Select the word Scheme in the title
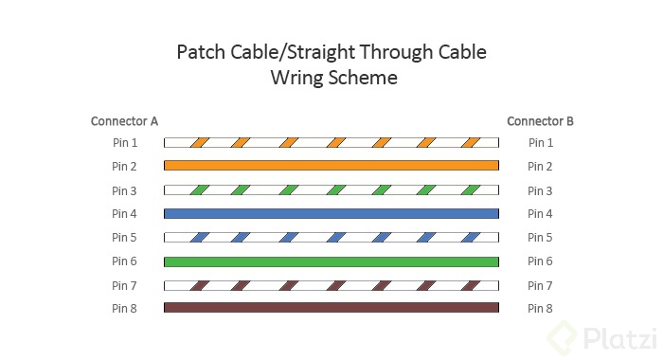point(364,78)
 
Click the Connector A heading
point(124,121)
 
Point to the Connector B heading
point(540,121)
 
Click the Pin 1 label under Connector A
point(124,143)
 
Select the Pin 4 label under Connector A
point(124,214)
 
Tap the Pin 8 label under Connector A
point(124,308)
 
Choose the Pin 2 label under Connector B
point(540,167)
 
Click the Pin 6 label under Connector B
point(540,261)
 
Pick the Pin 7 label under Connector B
point(540,285)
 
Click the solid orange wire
point(331,165)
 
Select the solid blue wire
point(331,213)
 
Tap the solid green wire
point(331,261)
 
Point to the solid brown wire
point(331,307)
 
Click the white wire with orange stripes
point(331,143)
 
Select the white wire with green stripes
point(331,189)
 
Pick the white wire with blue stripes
point(331,237)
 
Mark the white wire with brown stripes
point(331,284)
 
